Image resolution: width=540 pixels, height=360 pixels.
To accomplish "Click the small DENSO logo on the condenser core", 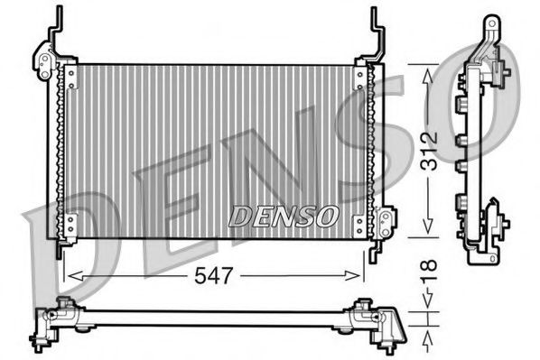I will point(283,217).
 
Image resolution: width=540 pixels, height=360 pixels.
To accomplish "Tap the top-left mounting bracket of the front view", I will point(44,59).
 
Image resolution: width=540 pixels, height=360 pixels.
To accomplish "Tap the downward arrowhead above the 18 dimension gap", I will point(428,304).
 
